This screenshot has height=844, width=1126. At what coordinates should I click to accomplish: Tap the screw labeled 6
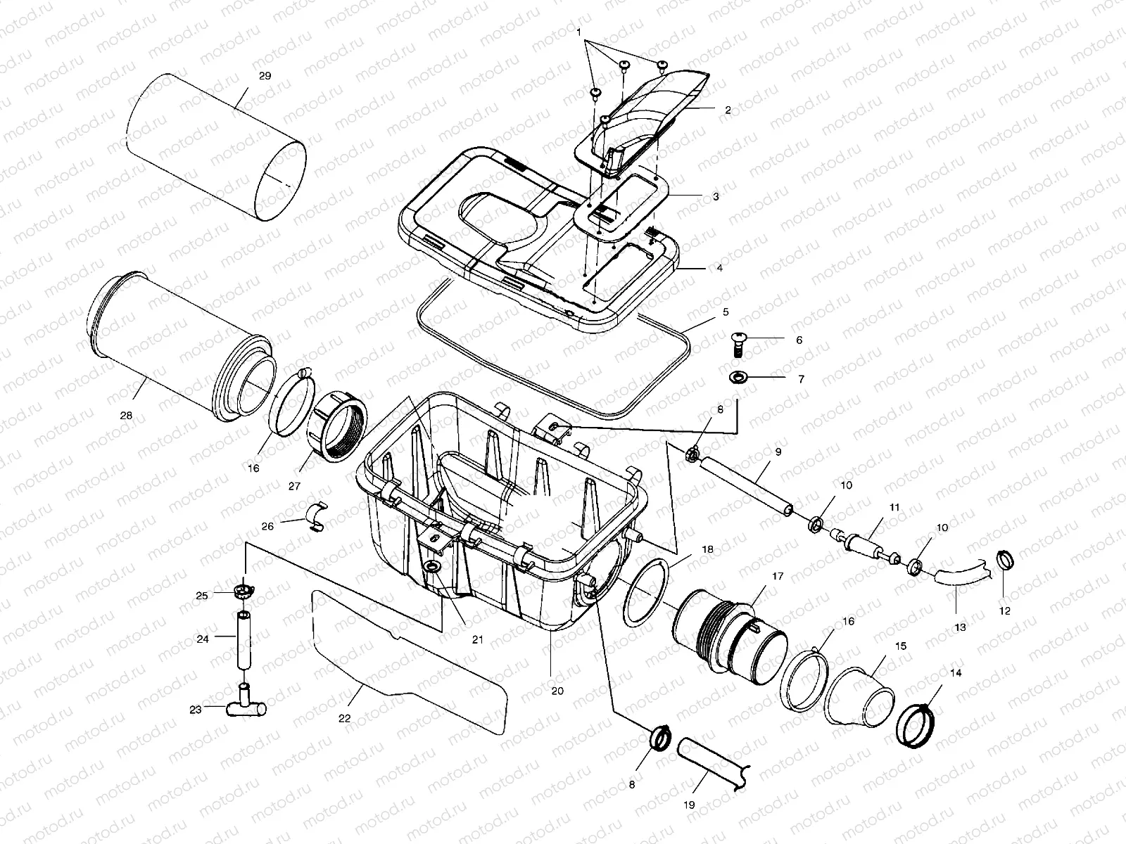pos(740,343)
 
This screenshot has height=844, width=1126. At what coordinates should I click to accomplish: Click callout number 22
pos(344,718)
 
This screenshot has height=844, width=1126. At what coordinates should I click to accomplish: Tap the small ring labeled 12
pos(1004,561)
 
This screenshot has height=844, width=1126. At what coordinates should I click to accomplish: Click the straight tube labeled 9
pos(748,485)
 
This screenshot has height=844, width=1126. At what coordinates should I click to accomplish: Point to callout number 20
pos(557,691)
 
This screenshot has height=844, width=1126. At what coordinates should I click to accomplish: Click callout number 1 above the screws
pos(578,32)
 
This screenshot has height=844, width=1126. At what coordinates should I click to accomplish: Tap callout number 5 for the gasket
pos(725,311)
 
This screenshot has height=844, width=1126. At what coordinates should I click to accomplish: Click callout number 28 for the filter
pos(126,415)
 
